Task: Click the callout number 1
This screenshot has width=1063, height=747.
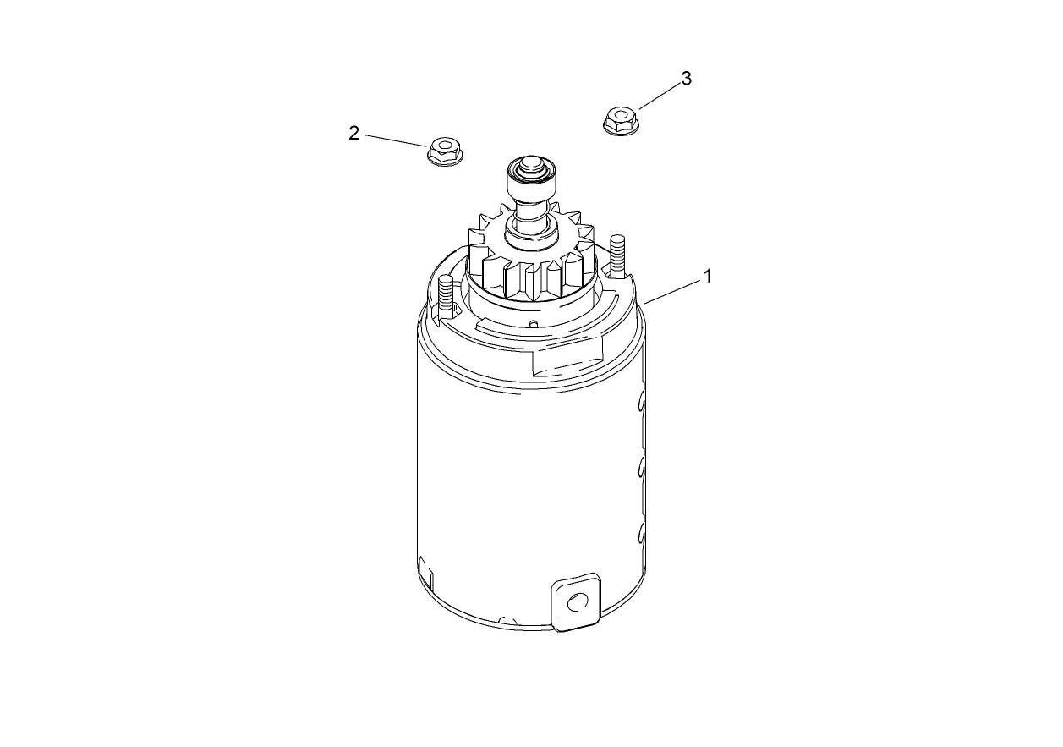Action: point(708,277)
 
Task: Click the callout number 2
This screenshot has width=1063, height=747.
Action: point(353,133)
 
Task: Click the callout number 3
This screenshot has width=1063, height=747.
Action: point(686,79)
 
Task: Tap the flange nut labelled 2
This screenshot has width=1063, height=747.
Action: point(447,152)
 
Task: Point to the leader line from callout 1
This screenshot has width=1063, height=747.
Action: point(674,289)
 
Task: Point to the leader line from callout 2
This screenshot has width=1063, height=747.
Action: point(395,140)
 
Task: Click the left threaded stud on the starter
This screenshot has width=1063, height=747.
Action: point(447,294)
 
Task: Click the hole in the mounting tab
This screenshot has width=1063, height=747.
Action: point(577,602)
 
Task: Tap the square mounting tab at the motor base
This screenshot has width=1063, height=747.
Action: point(577,601)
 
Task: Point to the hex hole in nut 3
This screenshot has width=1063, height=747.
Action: point(621,114)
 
